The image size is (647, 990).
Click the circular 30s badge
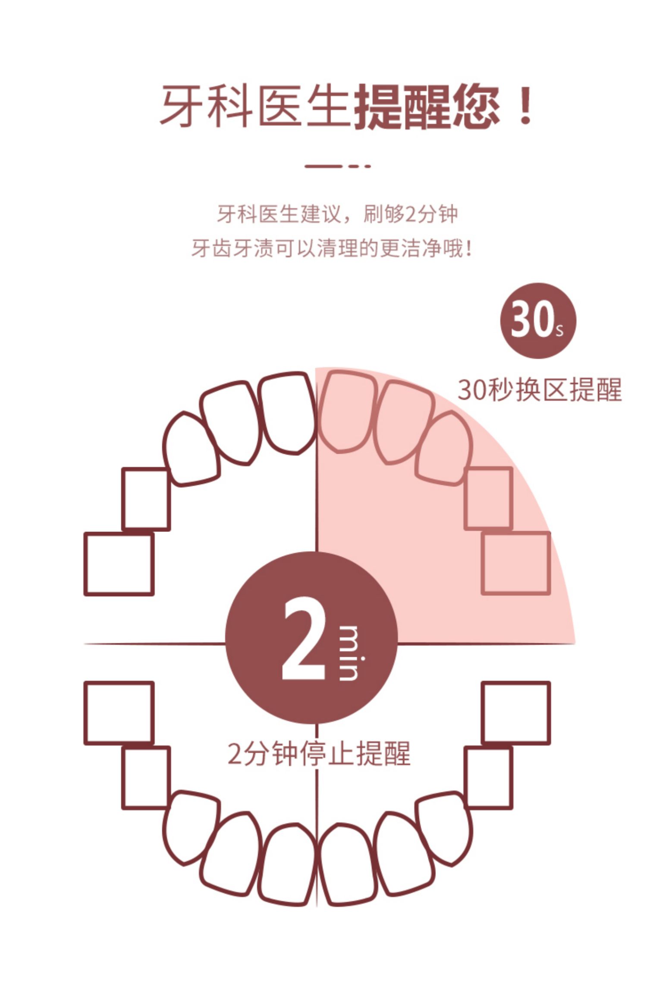pyautogui.click(x=537, y=321)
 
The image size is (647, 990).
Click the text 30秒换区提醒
pyautogui.click(x=539, y=389)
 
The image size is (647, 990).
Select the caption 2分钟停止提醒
pyautogui.click(x=319, y=754)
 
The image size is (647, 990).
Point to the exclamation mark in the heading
pyautogui.click(x=525, y=107)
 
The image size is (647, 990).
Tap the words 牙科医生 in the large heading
pyautogui.click(x=254, y=107)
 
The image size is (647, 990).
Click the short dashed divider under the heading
pyautogui.click(x=337, y=166)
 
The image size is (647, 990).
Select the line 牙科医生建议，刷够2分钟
pyautogui.click(x=336, y=214)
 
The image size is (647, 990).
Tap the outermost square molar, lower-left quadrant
pyautogui.click(x=119, y=713)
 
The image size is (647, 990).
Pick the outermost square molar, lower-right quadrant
pyautogui.click(x=516, y=713)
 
